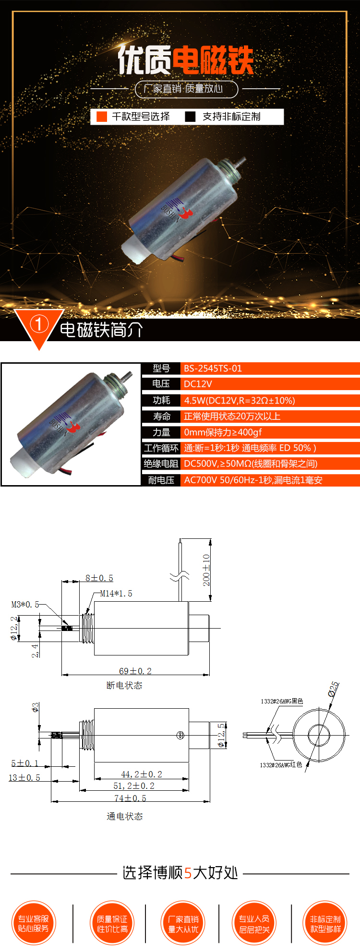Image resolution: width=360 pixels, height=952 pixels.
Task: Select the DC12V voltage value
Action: point(198,384)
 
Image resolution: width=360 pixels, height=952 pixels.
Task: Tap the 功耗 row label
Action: point(161,400)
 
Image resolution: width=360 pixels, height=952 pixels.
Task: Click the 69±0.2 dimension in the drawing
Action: point(135,671)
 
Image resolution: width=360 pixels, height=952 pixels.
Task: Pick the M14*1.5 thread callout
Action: point(116,594)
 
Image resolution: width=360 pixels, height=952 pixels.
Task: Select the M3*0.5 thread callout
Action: point(25,605)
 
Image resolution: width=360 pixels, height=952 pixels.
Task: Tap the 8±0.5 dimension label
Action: point(99,578)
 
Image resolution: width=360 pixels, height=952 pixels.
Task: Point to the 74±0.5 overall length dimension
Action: point(130,798)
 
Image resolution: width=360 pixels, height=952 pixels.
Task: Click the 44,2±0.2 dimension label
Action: point(141,774)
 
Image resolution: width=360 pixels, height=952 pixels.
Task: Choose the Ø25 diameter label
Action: point(334,689)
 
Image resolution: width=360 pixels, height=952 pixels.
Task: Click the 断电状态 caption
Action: point(124,685)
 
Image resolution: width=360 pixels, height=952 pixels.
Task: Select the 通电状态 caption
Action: point(124,816)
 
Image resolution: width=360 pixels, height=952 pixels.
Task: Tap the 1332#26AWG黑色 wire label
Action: point(282,701)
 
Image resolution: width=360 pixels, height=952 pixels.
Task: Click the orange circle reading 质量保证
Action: point(112,923)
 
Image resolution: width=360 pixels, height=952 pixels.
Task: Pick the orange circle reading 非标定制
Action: point(325,923)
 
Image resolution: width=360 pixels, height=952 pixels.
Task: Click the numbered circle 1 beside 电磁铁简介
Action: point(39,324)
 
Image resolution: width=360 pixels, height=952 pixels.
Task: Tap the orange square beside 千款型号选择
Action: point(102,117)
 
